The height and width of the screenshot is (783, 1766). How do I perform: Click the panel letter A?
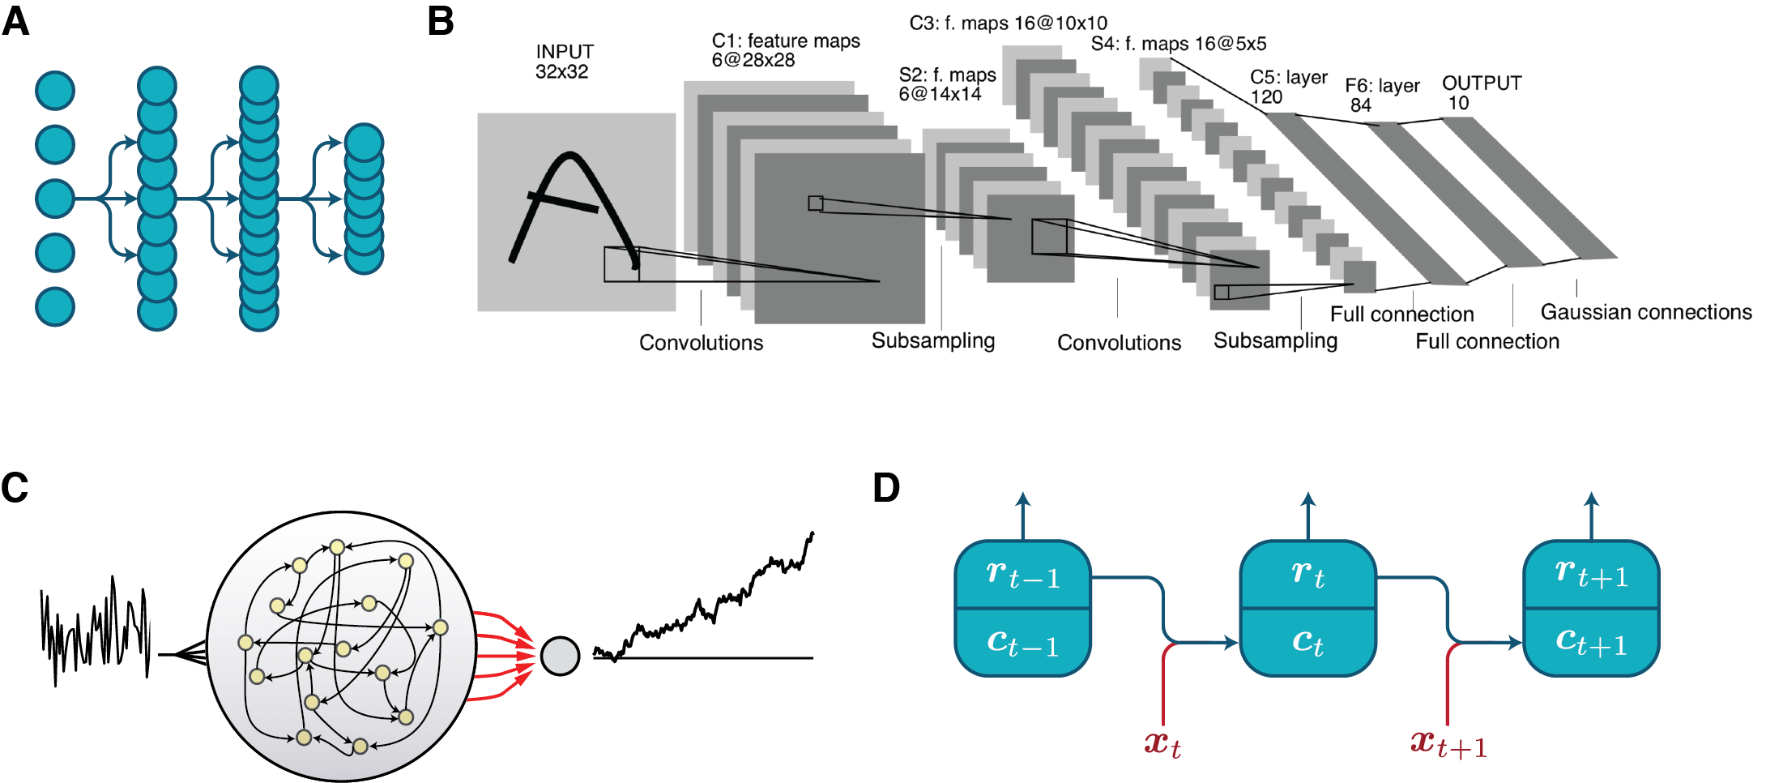click(x=15, y=21)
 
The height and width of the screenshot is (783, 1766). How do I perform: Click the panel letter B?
click(x=441, y=21)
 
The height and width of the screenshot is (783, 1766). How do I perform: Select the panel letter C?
click(x=15, y=487)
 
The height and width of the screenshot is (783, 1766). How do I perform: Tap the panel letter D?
click(x=886, y=487)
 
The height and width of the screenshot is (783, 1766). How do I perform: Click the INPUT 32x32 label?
click(x=564, y=62)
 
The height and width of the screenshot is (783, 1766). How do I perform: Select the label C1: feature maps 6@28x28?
click(x=785, y=50)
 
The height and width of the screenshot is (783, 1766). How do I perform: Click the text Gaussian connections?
click(x=1645, y=312)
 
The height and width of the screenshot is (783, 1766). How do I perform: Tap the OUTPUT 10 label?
click(x=1481, y=92)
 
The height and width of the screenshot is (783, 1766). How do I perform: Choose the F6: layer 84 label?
click(x=1381, y=95)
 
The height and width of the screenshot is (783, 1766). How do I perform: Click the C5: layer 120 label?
click(x=1288, y=87)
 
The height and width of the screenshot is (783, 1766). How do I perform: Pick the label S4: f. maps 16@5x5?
click(x=1178, y=44)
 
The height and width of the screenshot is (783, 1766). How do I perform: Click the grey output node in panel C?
click(x=560, y=656)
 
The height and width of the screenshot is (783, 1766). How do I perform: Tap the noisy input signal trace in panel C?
click(x=96, y=632)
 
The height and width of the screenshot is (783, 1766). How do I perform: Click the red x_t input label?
click(x=1162, y=743)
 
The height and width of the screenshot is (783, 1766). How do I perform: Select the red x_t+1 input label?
click(x=1448, y=743)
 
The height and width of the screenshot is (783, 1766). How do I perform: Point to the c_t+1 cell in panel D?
click(x=1591, y=642)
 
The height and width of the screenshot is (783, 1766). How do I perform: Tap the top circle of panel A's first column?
click(x=55, y=91)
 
